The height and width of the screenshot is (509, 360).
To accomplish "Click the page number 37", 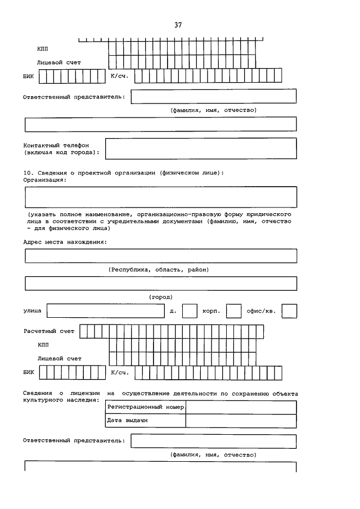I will click(x=178, y=25).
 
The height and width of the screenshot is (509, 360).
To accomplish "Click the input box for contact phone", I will click(x=201, y=148).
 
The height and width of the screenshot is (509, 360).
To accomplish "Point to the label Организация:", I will click(x=44, y=180).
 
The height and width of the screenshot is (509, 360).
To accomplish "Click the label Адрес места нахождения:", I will click(x=65, y=242).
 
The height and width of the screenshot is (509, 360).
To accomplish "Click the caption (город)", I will click(x=160, y=296).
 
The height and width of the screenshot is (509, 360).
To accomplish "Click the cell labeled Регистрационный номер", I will click(x=145, y=407).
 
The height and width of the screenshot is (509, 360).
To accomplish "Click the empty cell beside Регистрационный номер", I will click(x=241, y=407).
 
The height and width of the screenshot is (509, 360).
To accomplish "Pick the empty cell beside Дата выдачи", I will click(x=241, y=421).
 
